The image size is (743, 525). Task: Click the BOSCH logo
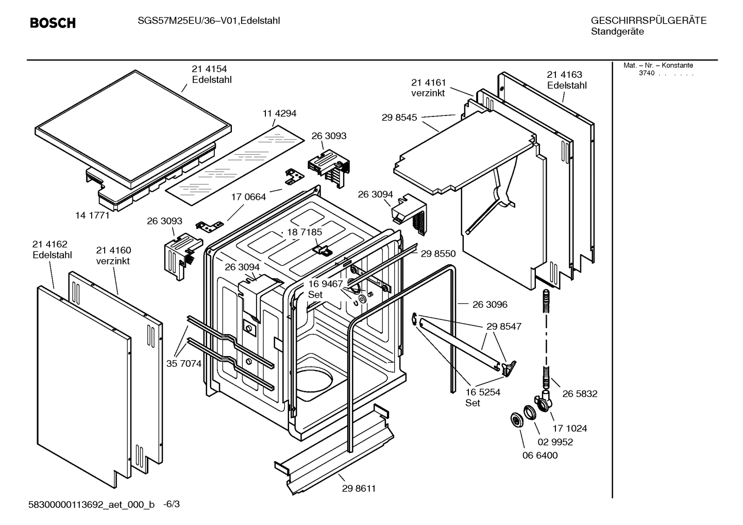[x=53, y=23]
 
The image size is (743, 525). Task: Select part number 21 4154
[x=209, y=69]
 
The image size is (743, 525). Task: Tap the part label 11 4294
[x=279, y=113]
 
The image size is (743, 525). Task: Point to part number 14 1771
[x=92, y=215]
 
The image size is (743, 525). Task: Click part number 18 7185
[x=305, y=232]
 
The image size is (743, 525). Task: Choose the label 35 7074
[x=184, y=364]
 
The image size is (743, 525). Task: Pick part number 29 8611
[x=359, y=488]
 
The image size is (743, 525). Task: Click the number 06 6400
[x=539, y=455]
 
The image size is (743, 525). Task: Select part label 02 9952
[x=555, y=442]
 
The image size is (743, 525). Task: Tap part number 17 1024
[x=570, y=428]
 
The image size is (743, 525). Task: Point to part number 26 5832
[x=580, y=394]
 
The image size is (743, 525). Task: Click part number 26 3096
[x=489, y=304]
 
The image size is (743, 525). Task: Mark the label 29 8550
[x=438, y=253]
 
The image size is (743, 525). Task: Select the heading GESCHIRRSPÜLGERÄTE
[x=648, y=21]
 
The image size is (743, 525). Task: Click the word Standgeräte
[x=617, y=32]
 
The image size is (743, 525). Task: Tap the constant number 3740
[x=646, y=73]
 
